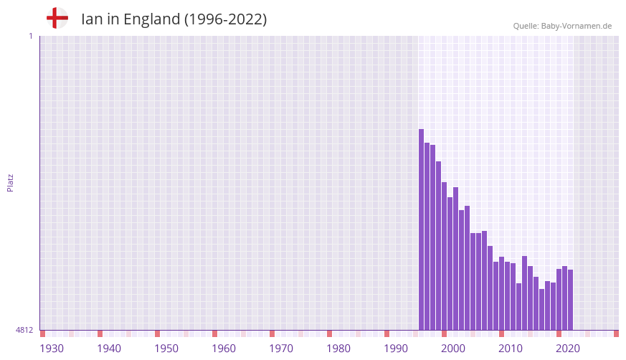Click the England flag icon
tap(57, 18)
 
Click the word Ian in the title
tap(92, 19)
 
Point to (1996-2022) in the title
tap(225, 19)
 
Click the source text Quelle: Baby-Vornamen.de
tap(562, 26)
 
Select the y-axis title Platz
tap(10, 182)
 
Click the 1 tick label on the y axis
tap(30, 36)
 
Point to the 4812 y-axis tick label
tap(24, 330)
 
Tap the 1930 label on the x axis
tap(52, 349)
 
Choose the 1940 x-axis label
tap(109, 349)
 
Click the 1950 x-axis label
tap(166, 349)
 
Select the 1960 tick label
tap(224, 349)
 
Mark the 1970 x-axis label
tap(281, 349)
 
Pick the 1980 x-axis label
tap(338, 349)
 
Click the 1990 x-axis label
tap(396, 349)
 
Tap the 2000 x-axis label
tap(453, 349)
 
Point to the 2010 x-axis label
tap(511, 349)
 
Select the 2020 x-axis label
tap(568, 349)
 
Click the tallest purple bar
tap(422, 229)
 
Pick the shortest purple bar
tap(542, 310)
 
